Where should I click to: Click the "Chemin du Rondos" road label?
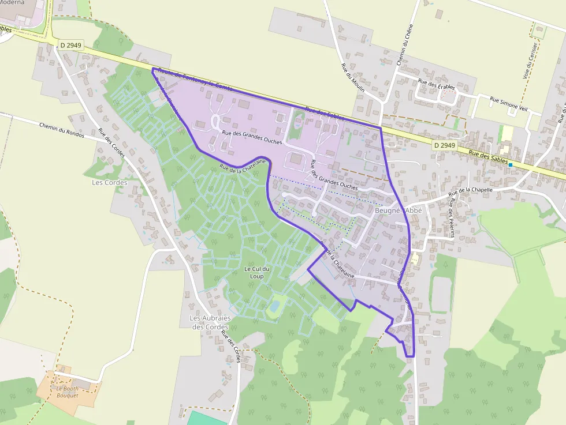pyautogui.click(x=62, y=130)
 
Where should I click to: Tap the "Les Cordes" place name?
pyautogui.click(x=109, y=183)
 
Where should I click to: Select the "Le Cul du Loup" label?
pyautogui.click(x=258, y=272)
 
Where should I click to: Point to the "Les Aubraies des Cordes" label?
pyautogui.click(x=211, y=322)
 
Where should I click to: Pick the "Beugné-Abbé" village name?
pyautogui.click(x=399, y=210)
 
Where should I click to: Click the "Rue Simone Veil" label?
pyautogui.click(x=510, y=101)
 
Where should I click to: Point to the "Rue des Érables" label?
pyautogui.click(x=437, y=84)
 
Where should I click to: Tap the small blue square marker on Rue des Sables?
pyautogui.click(x=511, y=165)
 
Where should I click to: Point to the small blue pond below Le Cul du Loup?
pyautogui.click(x=274, y=304)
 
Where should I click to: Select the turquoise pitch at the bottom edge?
pyautogui.click(x=208, y=418)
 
